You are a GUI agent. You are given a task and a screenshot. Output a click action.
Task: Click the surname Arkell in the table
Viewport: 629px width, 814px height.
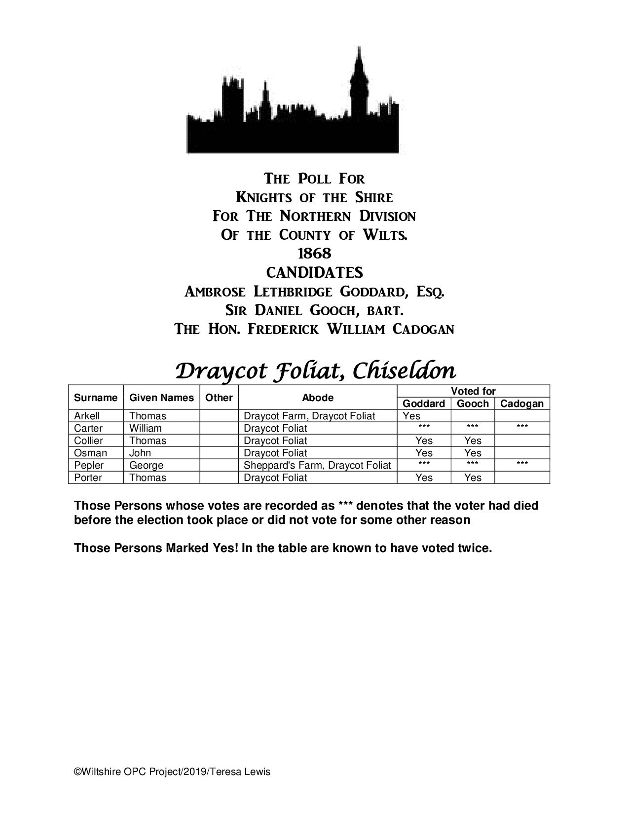(87, 416)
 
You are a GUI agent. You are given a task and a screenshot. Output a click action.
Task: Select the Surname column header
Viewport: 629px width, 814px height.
(96, 398)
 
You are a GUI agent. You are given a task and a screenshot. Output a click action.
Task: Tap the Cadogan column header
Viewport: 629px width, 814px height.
(521, 404)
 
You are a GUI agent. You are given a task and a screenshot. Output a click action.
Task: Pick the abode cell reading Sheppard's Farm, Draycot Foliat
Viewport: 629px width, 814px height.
(317, 465)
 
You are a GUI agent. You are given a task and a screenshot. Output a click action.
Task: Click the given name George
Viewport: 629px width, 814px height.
(146, 465)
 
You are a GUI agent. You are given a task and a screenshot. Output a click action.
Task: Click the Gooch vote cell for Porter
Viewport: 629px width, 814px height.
(473, 478)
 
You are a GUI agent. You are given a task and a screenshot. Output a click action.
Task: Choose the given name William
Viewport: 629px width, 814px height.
(146, 428)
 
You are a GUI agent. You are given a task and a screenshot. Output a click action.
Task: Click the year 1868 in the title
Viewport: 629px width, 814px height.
(314, 254)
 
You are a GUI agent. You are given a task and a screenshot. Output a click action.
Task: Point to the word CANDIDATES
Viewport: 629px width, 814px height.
(314, 272)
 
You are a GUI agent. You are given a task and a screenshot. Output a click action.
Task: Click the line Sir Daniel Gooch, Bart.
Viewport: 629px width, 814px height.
(314, 310)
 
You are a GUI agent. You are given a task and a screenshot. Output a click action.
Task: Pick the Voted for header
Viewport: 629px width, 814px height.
(473, 391)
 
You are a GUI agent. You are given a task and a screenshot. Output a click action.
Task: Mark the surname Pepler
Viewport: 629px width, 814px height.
(89, 465)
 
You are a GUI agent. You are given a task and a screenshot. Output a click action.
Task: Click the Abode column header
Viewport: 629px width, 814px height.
(318, 398)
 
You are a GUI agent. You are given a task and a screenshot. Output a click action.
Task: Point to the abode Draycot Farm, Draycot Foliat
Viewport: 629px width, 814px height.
(309, 416)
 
